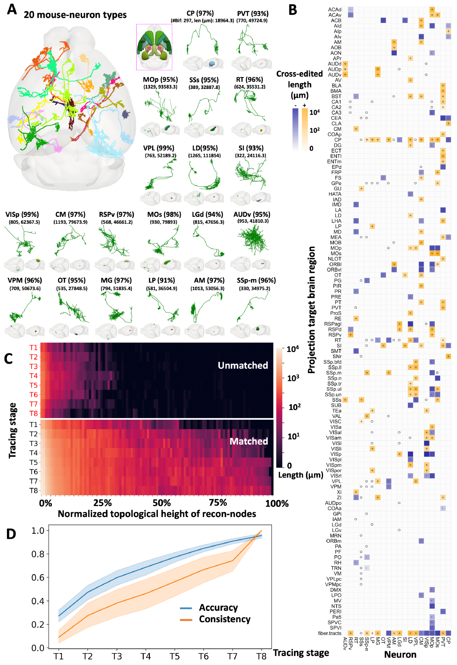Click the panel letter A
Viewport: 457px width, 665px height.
pyautogui.click(x=12, y=9)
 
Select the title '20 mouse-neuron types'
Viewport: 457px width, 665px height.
pyautogui.click(x=75, y=15)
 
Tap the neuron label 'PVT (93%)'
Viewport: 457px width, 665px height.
pyautogui.click(x=253, y=14)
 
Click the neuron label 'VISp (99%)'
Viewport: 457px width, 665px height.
pyautogui.click(x=22, y=214)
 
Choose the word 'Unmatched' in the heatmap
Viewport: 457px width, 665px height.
pyautogui.click(x=243, y=365)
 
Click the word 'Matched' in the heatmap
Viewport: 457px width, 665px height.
pyautogui.click(x=249, y=441)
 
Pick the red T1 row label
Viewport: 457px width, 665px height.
pyautogui.click(x=33, y=347)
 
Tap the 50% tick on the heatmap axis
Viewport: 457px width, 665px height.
pyautogui.click(x=162, y=503)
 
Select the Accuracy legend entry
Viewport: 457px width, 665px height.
pyautogui.click(x=218, y=607)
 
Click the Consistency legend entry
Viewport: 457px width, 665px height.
pyautogui.click(x=224, y=619)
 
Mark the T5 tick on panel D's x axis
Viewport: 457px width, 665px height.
pyautogui.click(x=175, y=656)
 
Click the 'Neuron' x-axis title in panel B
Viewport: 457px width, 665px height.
pyautogui.click(x=400, y=654)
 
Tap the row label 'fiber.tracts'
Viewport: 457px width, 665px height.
pyautogui.click(x=329, y=633)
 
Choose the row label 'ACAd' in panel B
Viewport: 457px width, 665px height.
pyautogui.click(x=335, y=9)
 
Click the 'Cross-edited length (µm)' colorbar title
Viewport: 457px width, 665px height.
pyautogui.click(x=299, y=84)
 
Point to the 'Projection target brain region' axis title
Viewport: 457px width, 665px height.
pyautogui.click(x=311, y=310)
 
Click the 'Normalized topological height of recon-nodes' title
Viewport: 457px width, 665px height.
pyautogui.click(x=157, y=514)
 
